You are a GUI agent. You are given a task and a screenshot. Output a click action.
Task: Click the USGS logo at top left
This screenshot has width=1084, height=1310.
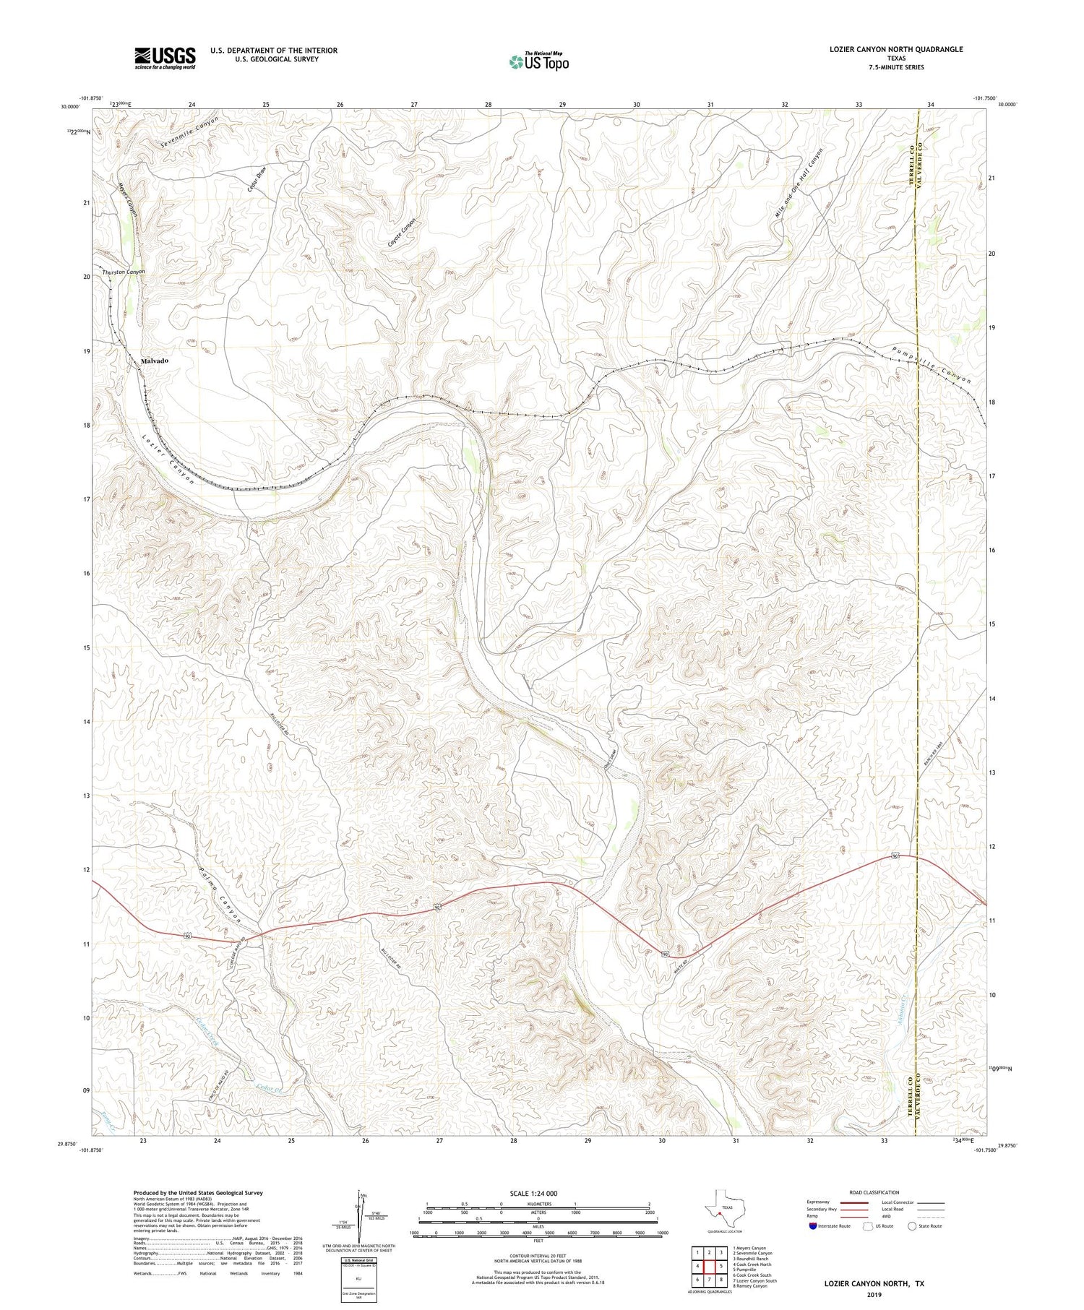pyautogui.click(x=165, y=58)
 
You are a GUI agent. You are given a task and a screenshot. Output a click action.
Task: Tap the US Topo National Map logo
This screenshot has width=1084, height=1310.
pyautogui.click(x=538, y=61)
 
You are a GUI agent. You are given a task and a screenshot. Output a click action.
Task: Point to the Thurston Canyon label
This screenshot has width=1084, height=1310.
pyautogui.click(x=124, y=272)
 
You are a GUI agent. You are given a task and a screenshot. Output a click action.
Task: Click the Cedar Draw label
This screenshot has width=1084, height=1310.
pyautogui.click(x=258, y=177)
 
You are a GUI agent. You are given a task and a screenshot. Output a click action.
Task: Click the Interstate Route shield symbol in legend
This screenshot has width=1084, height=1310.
pyautogui.click(x=813, y=1225)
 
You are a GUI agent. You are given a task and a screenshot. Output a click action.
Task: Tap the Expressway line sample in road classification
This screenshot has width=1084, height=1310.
pyautogui.click(x=849, y=1203)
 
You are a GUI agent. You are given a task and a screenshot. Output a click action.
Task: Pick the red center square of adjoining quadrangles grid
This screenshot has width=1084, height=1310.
pyautogui.click(x=709, y=1266)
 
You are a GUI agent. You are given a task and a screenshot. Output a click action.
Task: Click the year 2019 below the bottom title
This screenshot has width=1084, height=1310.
pyautogui.click(x=875, y=1294)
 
